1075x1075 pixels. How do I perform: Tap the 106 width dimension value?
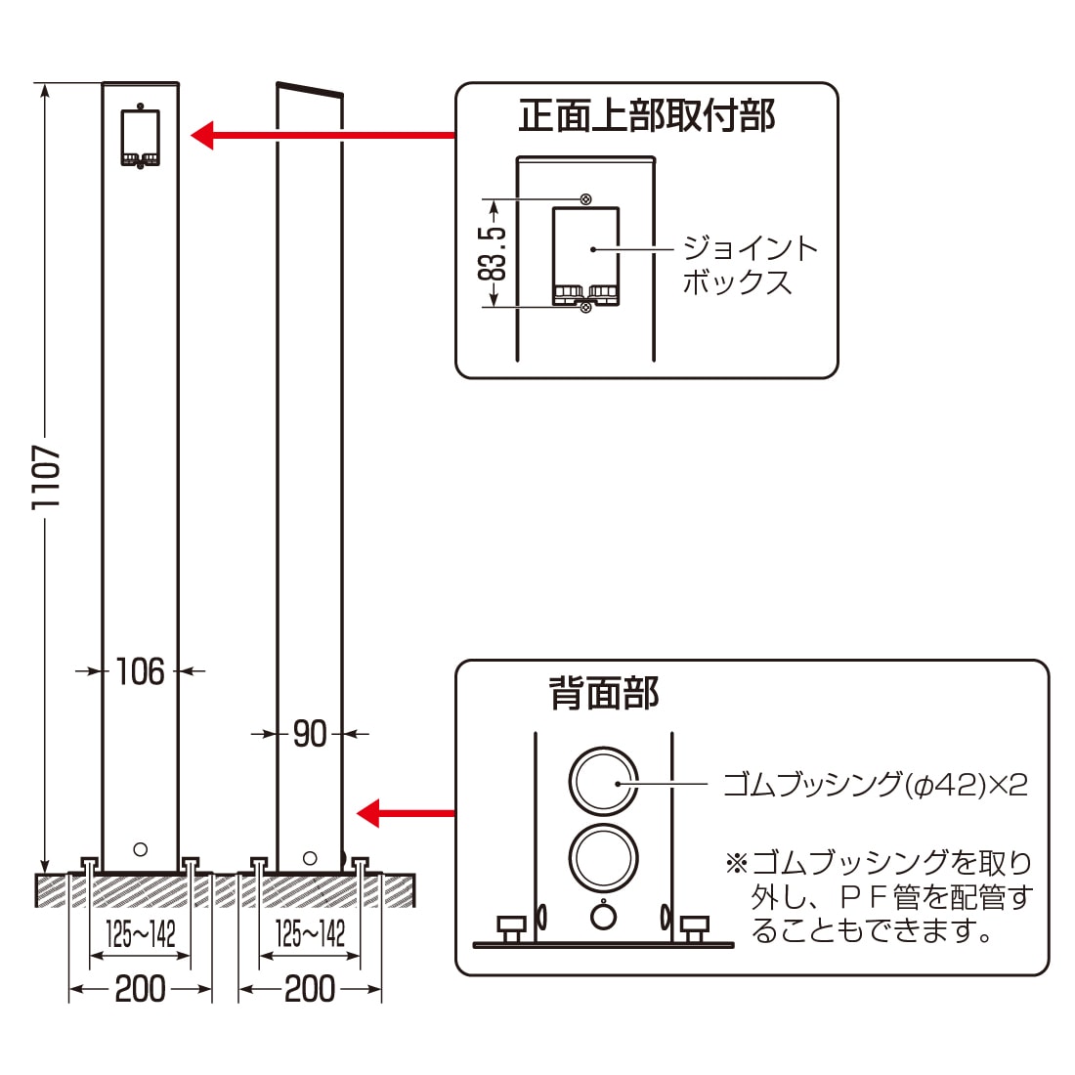coord(140,671)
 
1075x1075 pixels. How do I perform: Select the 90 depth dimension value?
coord(310,733)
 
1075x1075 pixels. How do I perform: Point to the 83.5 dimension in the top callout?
coord(494,253)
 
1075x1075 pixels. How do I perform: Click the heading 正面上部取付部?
coord(646,116)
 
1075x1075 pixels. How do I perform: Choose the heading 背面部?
coord(604,693)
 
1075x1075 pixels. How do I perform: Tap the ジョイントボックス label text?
coord(749,265)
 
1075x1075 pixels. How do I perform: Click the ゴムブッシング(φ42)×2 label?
coord(875,784)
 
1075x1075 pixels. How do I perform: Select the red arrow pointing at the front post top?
coord(322,135)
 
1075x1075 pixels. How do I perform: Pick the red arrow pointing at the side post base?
coord(406,812)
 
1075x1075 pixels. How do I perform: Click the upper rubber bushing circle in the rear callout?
coord(603,782)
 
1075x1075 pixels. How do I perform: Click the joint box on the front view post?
coord(140,136)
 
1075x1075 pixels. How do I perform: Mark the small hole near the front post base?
coord(140,849)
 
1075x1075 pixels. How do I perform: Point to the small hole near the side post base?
coord(310,858)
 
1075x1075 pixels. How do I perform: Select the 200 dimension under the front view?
coord(140,989)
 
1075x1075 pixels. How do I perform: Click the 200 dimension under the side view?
coord(310,989)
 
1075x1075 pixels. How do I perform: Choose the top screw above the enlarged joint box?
coord(585,199)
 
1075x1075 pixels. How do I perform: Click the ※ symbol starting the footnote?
coord(735,863)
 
